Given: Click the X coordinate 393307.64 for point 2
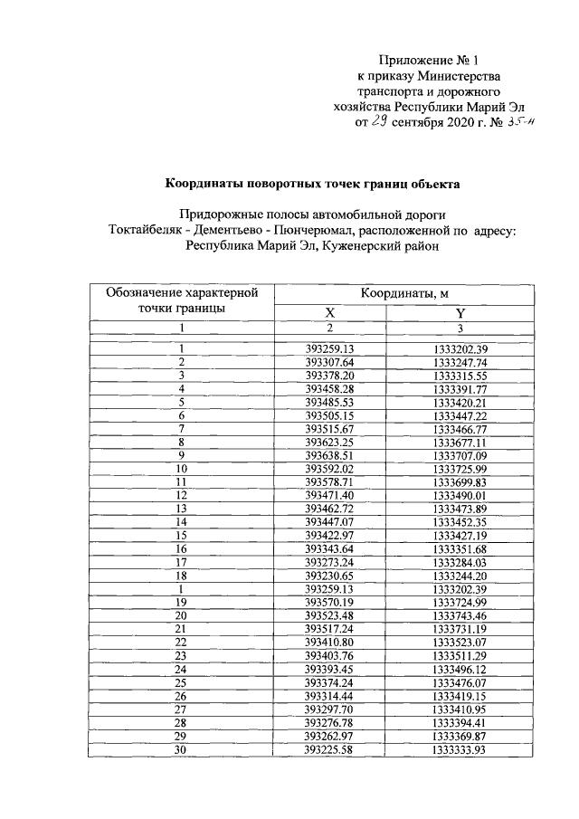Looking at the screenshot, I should click(x=329, y=362).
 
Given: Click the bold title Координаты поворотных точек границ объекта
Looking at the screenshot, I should click(x=312, y=185).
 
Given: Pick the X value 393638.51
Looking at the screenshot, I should click(x=329, y=456).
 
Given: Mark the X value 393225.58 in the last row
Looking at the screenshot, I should click(x=329, y=751).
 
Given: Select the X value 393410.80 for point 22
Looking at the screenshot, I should click(x=329, y=643).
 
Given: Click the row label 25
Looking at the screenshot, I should click(x=181, y=684).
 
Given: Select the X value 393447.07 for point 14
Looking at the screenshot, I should click(x=329, y=523).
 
